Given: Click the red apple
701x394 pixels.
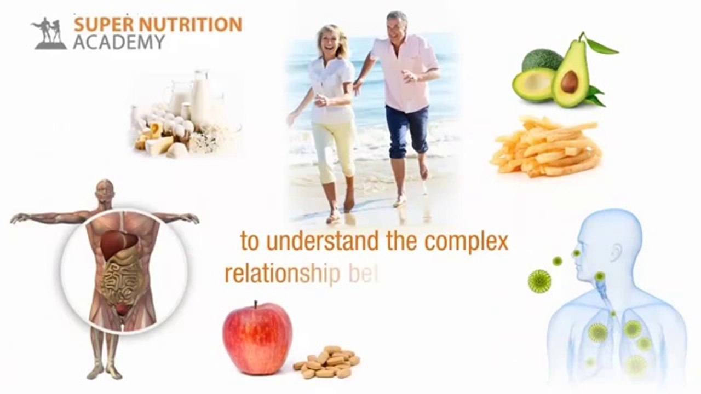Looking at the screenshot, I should tap(257, 338).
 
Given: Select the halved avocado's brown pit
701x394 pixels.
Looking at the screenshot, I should tap(569, 82).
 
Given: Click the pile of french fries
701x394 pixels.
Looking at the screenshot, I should tap(545, 146).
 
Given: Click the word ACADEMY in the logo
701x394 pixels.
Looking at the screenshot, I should tap(119, 42).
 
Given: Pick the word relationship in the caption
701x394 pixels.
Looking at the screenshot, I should tap(283, 274).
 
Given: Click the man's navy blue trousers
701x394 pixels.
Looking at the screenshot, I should tap(406, 128).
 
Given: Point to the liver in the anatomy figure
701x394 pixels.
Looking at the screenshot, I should tap(118, 243).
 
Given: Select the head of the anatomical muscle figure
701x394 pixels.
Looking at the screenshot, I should tap(104, 190).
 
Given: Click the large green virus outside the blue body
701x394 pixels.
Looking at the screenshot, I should tap(539, 280).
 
